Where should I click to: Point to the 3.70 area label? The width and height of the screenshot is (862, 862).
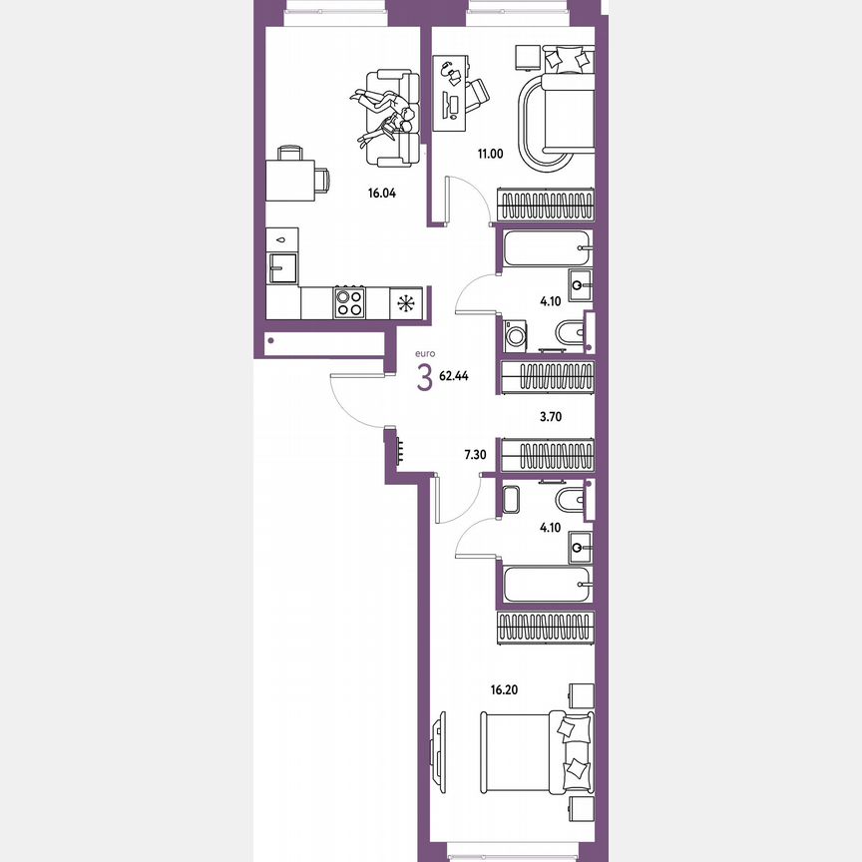(x=552, y=418)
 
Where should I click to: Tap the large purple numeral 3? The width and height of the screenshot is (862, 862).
(x=425, y=378)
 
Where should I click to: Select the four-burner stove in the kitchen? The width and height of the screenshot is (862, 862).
(x=349, y=302)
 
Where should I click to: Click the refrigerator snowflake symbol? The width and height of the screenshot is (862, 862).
(x=405, y=303)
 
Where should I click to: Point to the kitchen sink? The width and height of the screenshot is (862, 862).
(x=283, y=267)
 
